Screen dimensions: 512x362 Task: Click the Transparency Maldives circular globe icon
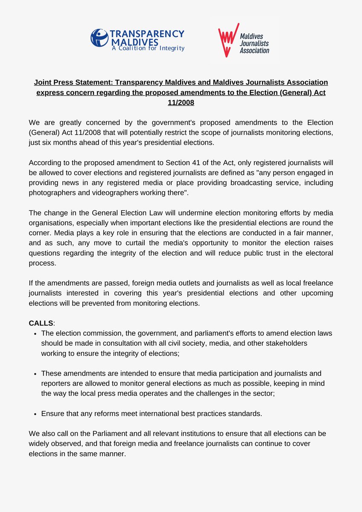tap(99, 38)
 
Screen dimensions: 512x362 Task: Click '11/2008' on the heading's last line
tap(181, 102)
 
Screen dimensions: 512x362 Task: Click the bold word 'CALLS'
tap(41, 323)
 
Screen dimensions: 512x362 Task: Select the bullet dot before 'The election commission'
tap(35, 333)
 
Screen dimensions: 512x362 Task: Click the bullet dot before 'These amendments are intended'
tap(35, 373)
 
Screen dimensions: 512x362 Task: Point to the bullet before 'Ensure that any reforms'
tap(35, 413)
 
